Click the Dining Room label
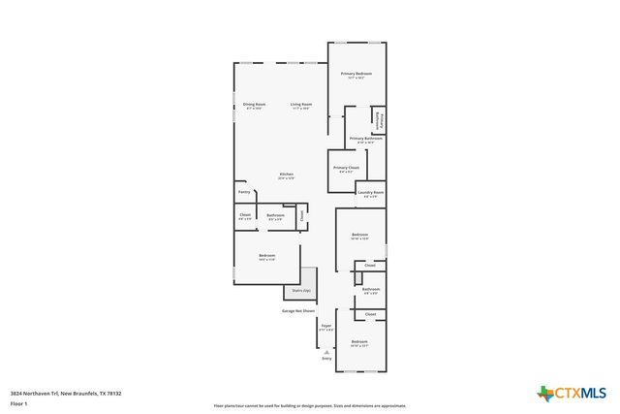[x=255, y=106]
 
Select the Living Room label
[x=301, y=106]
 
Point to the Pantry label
[x=244, y=192]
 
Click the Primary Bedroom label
[x=356, y=76]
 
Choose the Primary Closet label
[x=346, y=169]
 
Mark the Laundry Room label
[x=370, y=193]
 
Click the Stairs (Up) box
[x=299, y=290]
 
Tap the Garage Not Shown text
[x=297, y=311]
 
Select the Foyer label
[x=326, y=327]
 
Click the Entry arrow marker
[x=326, y=350]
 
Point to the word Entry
[x=326, y=359]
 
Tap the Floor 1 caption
[x=18, y=403]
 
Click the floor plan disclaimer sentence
[x=309, y=406]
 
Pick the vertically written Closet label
[x=302, y=215]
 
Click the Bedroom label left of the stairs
[x=266, y=257]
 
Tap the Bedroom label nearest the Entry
[x=359, y=342]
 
